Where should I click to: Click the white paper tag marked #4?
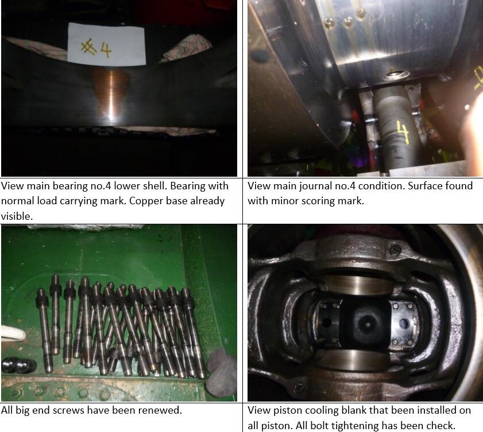click(x=106, y=44)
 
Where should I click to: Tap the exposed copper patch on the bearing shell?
click(x=111, y=92)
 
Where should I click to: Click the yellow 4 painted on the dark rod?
click(x=402, y=132)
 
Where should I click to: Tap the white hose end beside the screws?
click(x=13, y=334)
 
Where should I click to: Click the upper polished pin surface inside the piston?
click(x=357, y=285)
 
